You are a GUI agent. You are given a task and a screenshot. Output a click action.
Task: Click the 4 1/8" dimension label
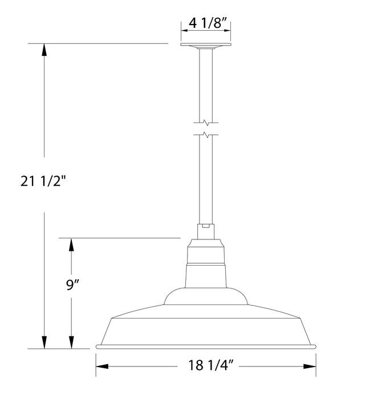pyautogui.click(x=206, y=25)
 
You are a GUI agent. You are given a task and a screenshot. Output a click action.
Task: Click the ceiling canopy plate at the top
pyautogui.click(x=206, y=46)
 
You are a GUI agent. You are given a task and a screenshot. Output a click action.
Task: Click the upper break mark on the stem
pyautogui.click(x=206, y=123)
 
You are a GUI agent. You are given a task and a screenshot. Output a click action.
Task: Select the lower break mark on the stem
pyautogui.click(x=206, y=135)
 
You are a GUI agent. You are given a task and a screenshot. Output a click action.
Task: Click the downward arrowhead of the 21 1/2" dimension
pyautogui.click(x=43, y=342)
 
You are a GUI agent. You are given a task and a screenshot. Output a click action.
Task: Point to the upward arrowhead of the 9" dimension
pyautogui.click(x=71, y=244)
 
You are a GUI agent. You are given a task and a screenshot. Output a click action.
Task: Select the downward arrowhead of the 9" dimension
pyautogui.click(x=71, y=342)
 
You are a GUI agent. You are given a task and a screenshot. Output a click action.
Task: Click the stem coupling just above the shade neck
pyautogui.click(x=206, y=230)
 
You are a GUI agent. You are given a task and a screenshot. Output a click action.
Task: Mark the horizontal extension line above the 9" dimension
pyautogui.click(x=120, y=238)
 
